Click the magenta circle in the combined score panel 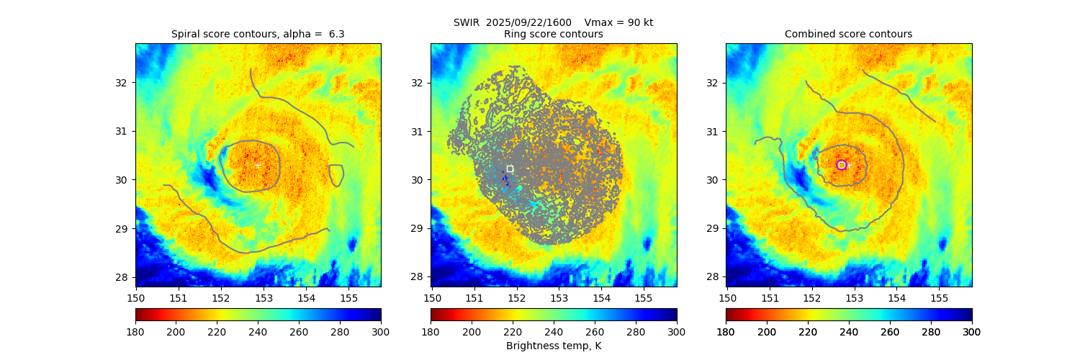[x=842, y=165]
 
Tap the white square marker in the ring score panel [x=510, y=168]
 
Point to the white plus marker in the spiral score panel [x=258, y=165]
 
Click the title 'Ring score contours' [x=553, y=34]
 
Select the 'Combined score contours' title [x=848, y=34]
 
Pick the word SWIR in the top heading [x=467, y=22]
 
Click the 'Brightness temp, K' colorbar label [x=553, y=346]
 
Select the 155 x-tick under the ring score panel [x=643, y=297]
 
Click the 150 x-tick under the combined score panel [x=727, y=297]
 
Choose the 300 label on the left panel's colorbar [x=381, y=332]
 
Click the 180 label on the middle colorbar [x=431, y=332]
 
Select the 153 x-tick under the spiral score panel [x=264, y=297]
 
